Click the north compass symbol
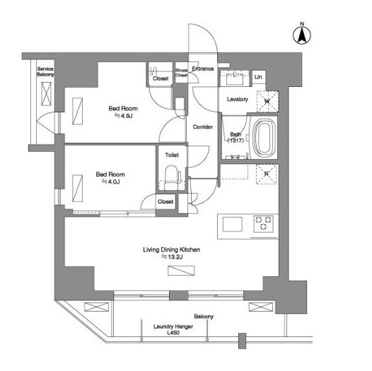click(302, 35)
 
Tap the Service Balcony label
click(45, 71)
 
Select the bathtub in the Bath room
click(265, 137)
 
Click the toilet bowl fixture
click(171, 177)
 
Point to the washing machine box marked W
click(267, 101)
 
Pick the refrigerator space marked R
click(267, 174)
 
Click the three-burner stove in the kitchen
click(263, 223)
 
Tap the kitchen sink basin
click(232, 224)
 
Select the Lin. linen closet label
click(258, 77)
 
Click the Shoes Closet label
click(182, 73)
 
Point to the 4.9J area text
click(124, 116)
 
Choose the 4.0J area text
click(110, 182)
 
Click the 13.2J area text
click(172, 257)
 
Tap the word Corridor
click(203, 126)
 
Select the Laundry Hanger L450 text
click(173, 329)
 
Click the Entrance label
click(203, 69)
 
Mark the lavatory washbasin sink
click(234, 78)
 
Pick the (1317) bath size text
click(236, 141)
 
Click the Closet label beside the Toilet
click(165, 201)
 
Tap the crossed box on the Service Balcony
click(46, 94)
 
